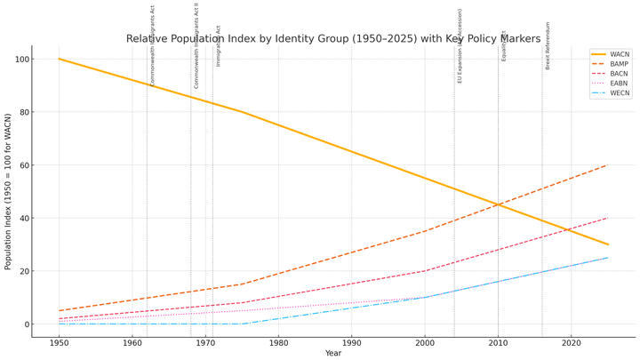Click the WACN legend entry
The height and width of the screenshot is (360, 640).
click(x=620, y=54)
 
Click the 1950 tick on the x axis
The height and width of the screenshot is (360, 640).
click(x=60, y=342)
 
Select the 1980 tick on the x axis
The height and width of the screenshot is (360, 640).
click(x=278, y=342)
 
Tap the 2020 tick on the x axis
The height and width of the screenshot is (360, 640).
click(x=571, y=342)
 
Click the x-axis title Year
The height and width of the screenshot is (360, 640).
click(x=333, y=353)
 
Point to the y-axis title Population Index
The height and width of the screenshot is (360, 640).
click(x=8, y=191)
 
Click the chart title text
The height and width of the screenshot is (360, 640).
click(x=333, y=39)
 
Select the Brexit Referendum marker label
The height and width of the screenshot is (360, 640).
click(x=548, y=46)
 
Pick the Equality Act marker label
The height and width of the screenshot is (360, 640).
click(x=504, y=45)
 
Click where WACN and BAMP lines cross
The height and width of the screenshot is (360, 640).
click(x=498, y=204)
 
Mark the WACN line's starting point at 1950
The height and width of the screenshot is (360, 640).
click(x=60, y=60)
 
